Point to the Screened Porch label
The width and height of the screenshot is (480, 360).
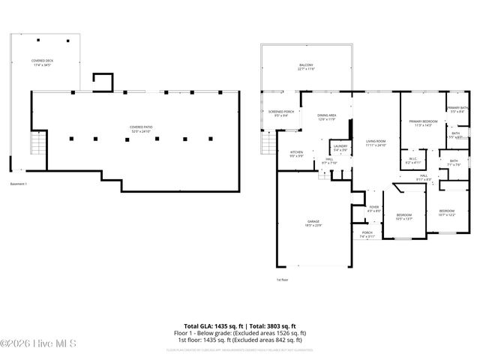click(x=281, y=113)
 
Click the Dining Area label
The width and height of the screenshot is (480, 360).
click(x=327, y=117)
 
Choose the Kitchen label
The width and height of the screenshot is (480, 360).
click(x=297, y=154)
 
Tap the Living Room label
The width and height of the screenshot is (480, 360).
click(x=375, y=143)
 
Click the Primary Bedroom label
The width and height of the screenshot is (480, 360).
click(x=423, y=123)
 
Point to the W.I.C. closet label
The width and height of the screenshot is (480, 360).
click(x=412, y=160)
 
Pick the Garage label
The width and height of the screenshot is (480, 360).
click(x=313, y=223)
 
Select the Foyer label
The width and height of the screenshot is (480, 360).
click(x=374, y=209)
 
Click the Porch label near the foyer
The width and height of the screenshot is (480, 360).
click(x=367, y=234)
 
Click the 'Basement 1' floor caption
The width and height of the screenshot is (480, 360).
click(x=19, y=184)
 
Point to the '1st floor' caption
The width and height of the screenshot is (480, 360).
click(x=282, y=280)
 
